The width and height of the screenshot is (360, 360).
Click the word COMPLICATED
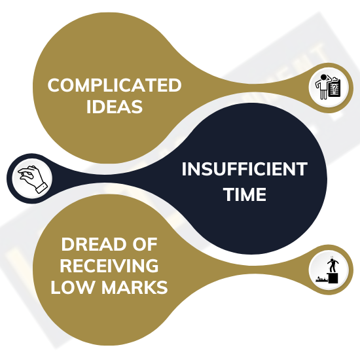click(115, 85)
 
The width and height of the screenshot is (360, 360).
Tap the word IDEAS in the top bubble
click(115, 107)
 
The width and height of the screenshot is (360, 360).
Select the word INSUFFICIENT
click(245, 170)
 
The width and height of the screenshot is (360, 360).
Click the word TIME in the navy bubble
click(245, 194)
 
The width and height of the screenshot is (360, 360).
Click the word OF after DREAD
click(145, 244)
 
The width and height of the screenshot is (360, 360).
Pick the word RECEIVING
click(109, 266)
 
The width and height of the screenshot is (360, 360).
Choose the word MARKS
click(135, 287)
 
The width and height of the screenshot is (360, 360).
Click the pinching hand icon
click(32, 179)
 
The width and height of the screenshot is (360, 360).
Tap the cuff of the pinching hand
click(41, 188)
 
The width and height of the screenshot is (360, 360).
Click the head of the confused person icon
click(324, 77)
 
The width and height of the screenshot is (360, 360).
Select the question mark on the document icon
click(335, 87)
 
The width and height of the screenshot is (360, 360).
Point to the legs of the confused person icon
click(323, 94)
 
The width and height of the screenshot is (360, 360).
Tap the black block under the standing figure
click(333, 278)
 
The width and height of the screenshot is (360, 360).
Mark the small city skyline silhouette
click(322, 279)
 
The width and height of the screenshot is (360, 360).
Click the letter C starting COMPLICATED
click(54, 85)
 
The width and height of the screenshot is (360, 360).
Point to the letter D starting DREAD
click(67, 244)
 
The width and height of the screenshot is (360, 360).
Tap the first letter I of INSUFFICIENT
click(184, 170)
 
